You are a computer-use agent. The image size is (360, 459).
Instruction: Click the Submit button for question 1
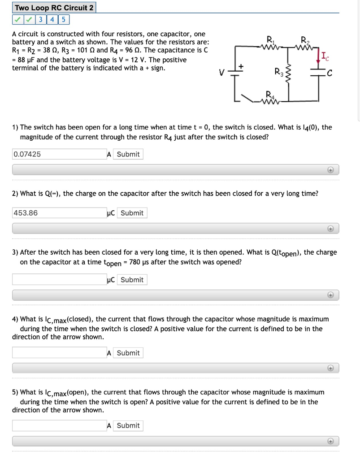(x=128, y=154)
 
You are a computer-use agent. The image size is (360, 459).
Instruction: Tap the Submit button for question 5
(x=128, y=425)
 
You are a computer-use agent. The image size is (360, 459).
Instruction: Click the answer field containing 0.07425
(x=59, y=154)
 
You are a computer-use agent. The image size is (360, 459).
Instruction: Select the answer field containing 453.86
(x=59, y=213)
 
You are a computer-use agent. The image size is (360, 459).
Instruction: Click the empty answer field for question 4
(x=59, y=353)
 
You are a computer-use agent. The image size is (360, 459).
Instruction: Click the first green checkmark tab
(x=17, y=20)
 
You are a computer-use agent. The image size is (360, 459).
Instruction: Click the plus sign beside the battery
(x=241, y=66)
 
